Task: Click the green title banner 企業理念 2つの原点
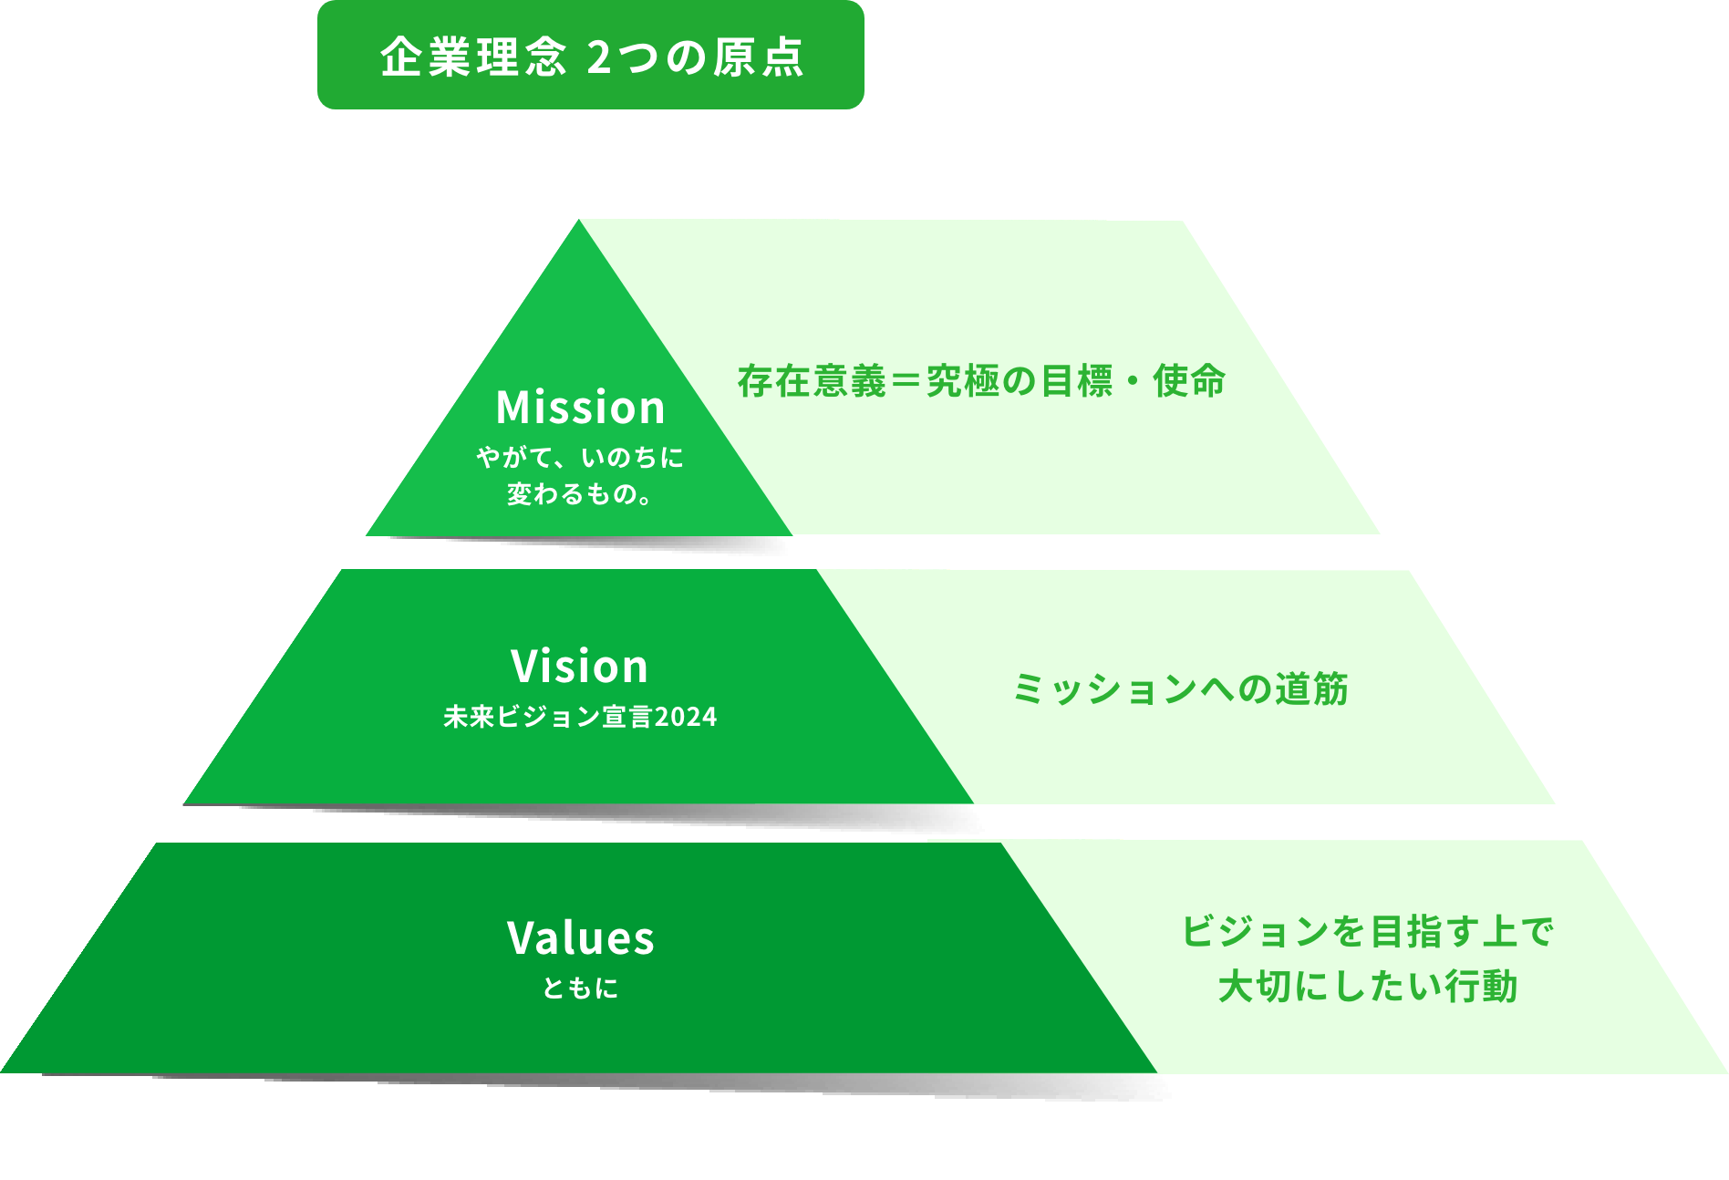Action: point(590,56)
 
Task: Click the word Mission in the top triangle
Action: point(581,407)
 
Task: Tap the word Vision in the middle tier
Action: point(580,666)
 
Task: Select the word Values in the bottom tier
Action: point(581,937)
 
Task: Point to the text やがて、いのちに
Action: point(580,457)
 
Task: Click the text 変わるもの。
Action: point(580,494)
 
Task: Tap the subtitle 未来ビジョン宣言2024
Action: point(580,717)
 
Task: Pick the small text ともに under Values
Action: point(580,988)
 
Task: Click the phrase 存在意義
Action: point(812,381)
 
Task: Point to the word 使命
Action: point(1188,381)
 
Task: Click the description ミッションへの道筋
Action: point(1181,689)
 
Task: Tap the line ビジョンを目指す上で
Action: point(1367,932)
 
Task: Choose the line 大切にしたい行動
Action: point(1367,987)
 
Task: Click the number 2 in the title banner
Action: point(598,57)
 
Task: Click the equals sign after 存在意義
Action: point(906,381)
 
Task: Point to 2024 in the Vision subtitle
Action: point(686,717)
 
